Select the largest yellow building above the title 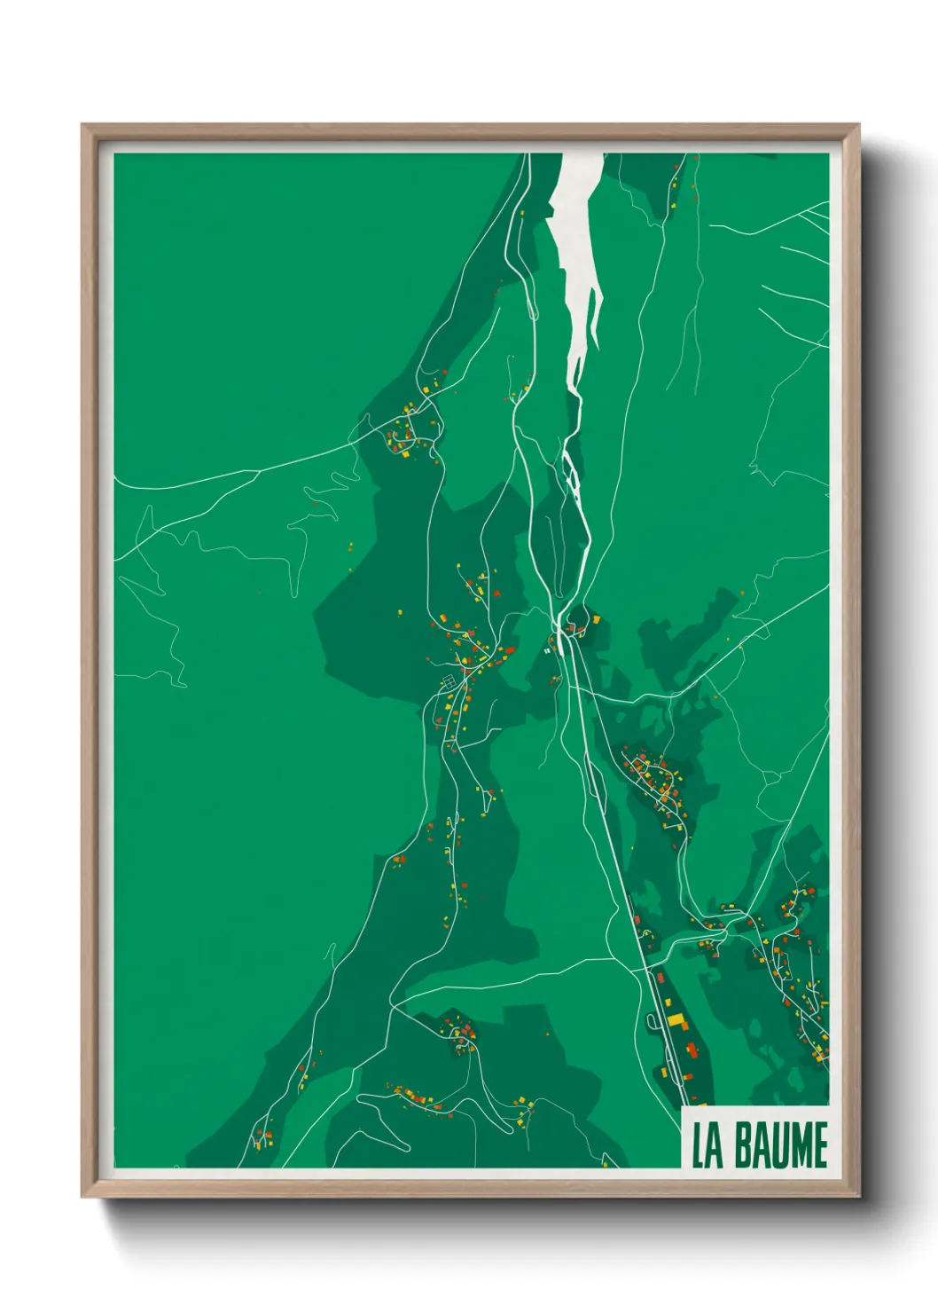click(x=676, y=1019)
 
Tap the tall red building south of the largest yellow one click(x=691, y=1050)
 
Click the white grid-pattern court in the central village click(x=449, y=681)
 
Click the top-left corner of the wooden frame click(x=82, y=125)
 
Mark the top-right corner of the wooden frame click(x=859, y=125)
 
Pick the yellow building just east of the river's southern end click(x=597, y=618)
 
